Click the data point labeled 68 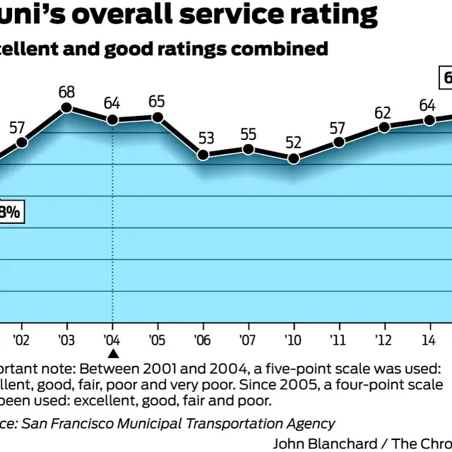coord(66,108)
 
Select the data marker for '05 coord(157,117)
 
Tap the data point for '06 coord(203,155)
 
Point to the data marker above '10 coord(294,158)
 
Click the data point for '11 coord(339,142)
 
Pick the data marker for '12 coord(384,127)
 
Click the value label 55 coord(248,133)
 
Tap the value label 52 coord(293,142)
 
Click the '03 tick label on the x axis coord(67,338)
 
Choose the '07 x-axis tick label coord(248,338)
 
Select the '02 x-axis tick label coord(21,338)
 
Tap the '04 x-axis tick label coord(112,338)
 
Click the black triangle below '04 coord(112,354)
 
